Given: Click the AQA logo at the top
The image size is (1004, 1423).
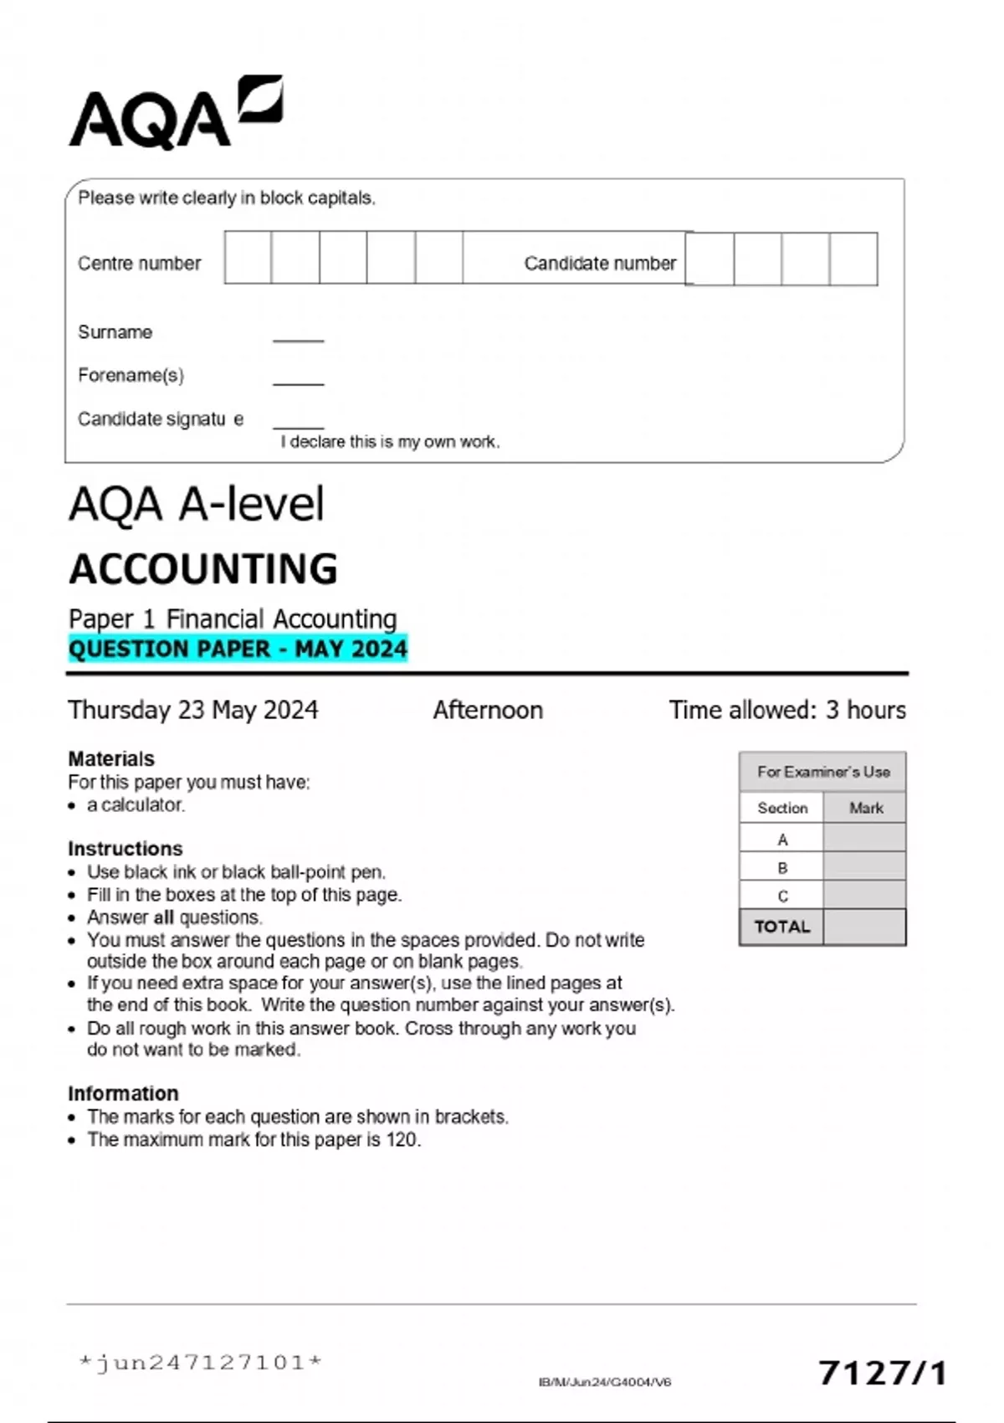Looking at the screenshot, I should (175, 114).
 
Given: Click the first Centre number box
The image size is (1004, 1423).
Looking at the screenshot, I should (248, 258).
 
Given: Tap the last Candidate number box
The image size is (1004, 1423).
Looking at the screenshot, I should (853, 259).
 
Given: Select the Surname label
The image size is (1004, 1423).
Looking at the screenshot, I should (115, 332).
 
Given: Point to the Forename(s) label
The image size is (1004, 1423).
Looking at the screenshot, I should (131, 375).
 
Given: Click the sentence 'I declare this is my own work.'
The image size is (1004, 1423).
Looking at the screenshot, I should (390, 442).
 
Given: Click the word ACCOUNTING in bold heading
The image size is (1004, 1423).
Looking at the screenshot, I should (203, 569).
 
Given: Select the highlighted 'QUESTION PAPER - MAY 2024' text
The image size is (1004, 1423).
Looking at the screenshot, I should (238, 650).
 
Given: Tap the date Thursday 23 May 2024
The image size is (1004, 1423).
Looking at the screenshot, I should (193, 710).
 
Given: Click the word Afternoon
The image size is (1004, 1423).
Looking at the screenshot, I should (488, 710).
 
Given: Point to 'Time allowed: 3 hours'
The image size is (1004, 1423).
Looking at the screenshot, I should (786, 710).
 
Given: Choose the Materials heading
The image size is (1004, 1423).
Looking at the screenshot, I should (111, 758).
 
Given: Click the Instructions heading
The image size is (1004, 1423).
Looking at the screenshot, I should (125, 848).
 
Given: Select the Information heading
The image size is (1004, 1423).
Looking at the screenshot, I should (123, 1093).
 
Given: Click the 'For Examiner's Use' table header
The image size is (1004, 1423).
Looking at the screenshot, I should (823, 772).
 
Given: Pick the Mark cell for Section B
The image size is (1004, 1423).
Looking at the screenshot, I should (864, 867).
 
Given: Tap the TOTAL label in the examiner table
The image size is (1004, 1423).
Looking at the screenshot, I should (782, 927).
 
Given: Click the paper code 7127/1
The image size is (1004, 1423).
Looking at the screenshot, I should (883, 1373).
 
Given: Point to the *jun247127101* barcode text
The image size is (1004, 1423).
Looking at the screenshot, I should (200, 1363).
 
